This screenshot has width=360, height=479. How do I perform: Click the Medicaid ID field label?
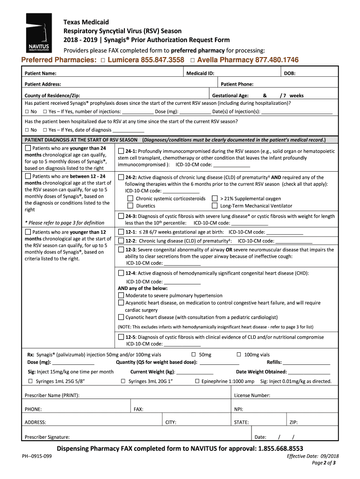click(x=200, y=73)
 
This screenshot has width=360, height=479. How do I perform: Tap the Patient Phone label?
click(x=237, y=84)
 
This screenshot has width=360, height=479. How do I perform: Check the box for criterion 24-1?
click(x=121, y=151)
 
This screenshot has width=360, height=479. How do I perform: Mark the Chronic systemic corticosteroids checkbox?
click(x=130, y=199)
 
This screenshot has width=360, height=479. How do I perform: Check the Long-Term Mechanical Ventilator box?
click(x=215, y=206)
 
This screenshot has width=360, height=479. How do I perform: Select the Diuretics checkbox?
click(x=130, y=206)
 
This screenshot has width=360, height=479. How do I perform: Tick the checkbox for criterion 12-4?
click(x=121, y=273)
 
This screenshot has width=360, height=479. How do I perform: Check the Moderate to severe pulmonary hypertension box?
click(x=121, y=296)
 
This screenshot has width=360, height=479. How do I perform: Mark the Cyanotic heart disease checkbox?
click(x=121, y=317)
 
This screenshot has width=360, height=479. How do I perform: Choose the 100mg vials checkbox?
click(x=239, y=355)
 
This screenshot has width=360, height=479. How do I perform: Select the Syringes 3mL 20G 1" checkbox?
click(x=123, y=381)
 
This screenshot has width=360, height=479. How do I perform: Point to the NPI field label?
click(x=238, y=409)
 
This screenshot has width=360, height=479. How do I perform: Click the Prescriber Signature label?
click(x=47, y=437)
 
